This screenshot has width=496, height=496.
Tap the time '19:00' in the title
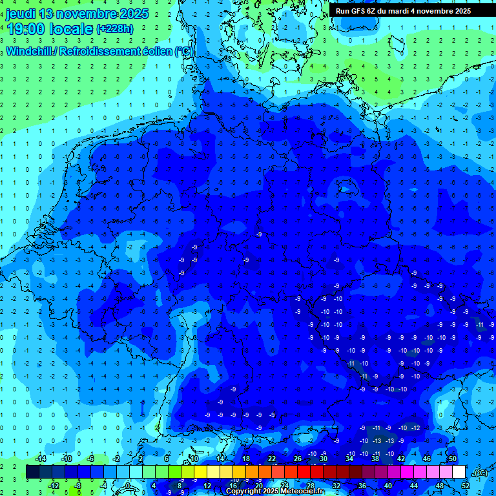(26, 29)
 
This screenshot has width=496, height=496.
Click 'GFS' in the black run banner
(360, 11)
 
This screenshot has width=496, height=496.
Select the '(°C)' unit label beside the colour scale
(480, 473)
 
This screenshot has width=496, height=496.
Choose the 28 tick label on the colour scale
(311, 486)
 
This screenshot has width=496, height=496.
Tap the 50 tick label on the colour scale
(452, 459)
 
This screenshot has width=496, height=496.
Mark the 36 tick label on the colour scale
(362, 486)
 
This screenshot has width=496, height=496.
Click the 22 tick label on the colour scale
(271, 459)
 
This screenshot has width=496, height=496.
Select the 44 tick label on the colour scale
(414, 486)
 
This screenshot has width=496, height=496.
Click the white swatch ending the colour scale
(459, 472)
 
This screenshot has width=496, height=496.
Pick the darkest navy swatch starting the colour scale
(32, 472)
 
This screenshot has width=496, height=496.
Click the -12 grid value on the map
(416, 428)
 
